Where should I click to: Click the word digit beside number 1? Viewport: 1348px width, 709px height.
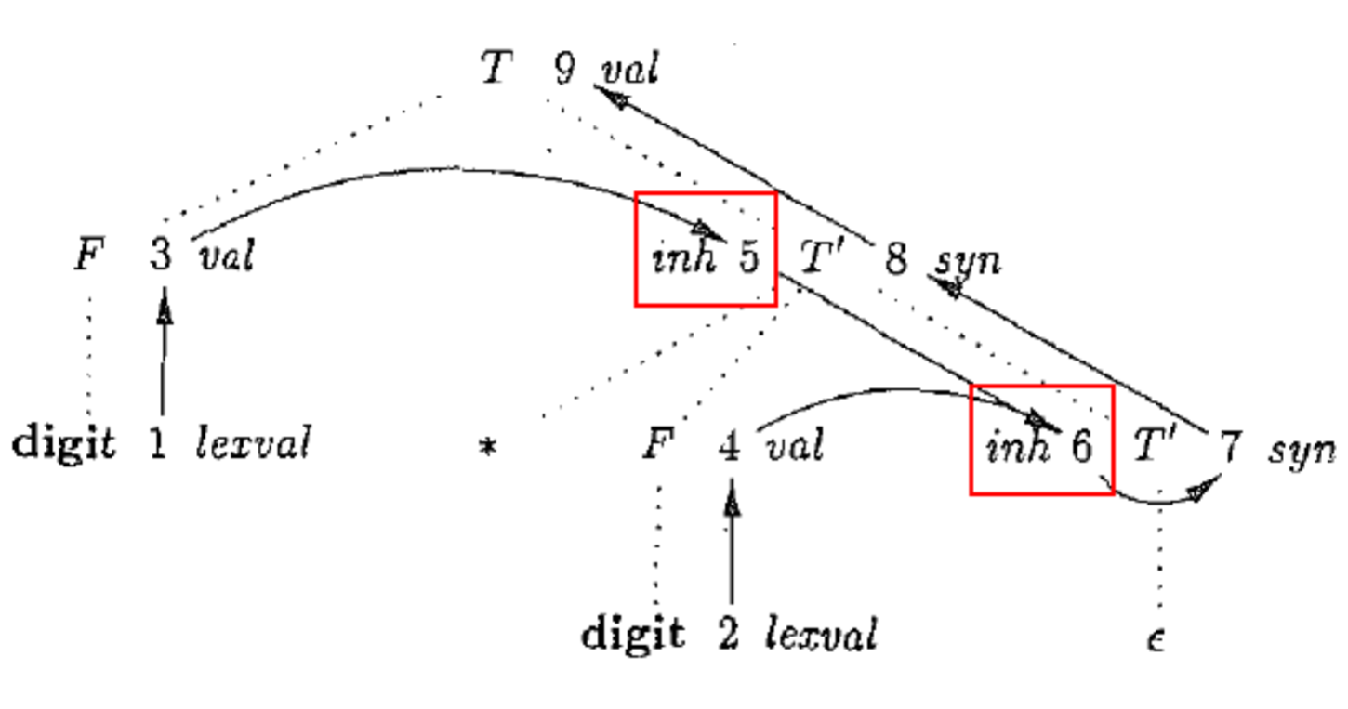click(64, 444)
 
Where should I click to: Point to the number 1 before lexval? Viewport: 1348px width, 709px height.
click(158, 444)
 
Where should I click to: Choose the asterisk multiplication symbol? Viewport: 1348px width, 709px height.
click(485, 448)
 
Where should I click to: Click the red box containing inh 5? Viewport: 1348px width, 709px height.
click(705, 249)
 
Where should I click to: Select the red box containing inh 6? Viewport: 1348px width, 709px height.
click(1041, 440)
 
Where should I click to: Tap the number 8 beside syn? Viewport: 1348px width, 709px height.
click(895, 259)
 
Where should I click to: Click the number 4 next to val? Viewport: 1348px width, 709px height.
click(731, 447)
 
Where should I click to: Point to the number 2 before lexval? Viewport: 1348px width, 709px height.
click(729, 635)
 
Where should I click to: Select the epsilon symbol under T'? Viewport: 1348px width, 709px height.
click(1156, 638)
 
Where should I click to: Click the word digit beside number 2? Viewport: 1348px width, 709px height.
click(633, 635)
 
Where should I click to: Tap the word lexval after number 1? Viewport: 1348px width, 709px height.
click(252, 444)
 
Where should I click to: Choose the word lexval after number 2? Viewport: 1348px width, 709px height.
click(821, 635)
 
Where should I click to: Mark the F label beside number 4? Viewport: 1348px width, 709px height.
click(655, 447)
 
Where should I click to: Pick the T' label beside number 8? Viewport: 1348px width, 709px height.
click(821, 259)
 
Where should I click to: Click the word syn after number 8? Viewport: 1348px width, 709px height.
click(967, 261)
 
